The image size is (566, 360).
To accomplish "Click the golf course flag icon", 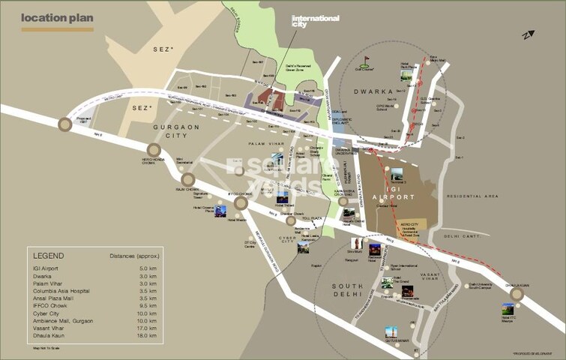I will [367, 60].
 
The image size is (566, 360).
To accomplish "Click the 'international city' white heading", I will [315, 21].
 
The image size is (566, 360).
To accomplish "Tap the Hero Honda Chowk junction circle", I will [153, 150].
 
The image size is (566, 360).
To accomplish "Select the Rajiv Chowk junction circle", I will [188, 180].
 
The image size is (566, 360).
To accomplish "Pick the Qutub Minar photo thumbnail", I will [391, 331].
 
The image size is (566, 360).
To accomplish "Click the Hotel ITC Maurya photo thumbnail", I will [509, 310].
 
